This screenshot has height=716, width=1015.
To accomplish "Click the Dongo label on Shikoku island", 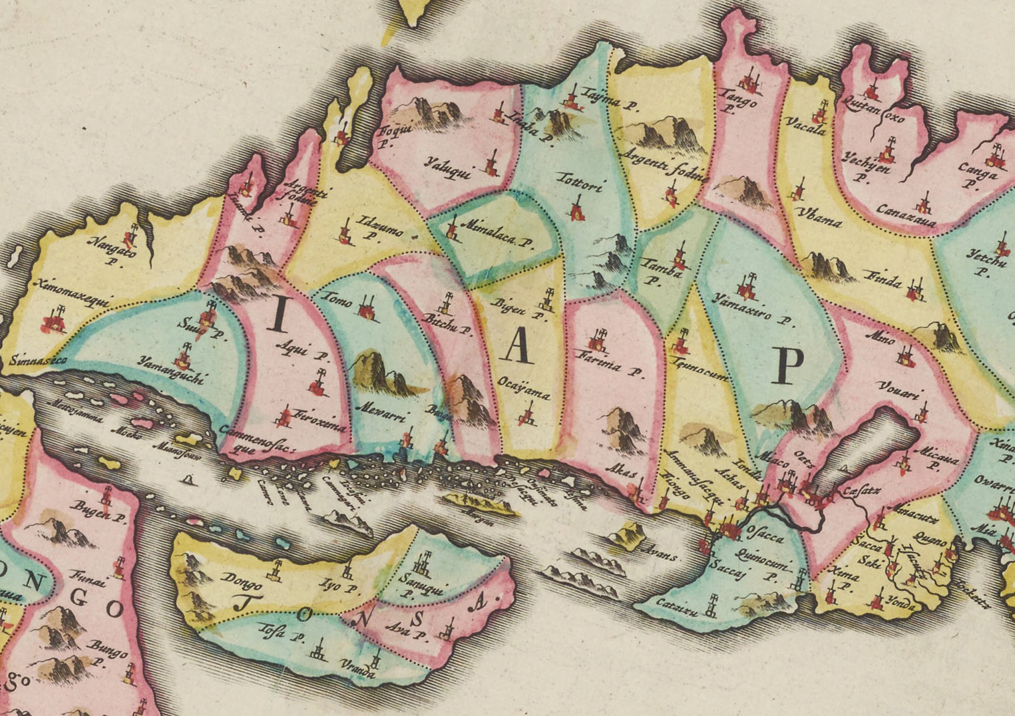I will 242,583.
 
